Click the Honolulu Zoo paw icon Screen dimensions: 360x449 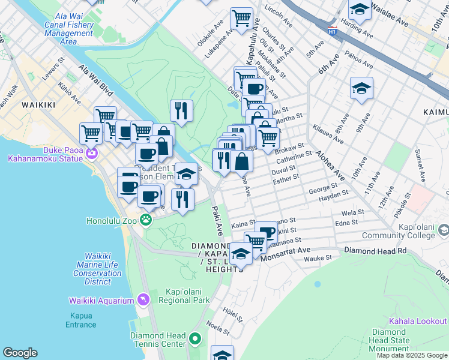pyautogui.click(x=145, y=220)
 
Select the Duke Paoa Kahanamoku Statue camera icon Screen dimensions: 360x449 pyautogui.click(x=91, y=153)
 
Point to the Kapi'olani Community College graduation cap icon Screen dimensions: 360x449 pyautogui.click(x=443, y=230)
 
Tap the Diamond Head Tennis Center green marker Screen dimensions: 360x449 pyautogui.click(x=194, y=340)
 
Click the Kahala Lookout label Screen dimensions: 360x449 pyautogui.click(x=418, y=322)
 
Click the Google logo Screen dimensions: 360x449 pyautogui.click(x=20, y=353)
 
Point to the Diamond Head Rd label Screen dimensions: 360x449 pyautogui.click(x=375, y=250)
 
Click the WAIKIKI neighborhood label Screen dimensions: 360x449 pyautogui.click(x=38, y=105)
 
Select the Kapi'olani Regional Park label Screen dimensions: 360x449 pyautogui.click(x=187, y=296)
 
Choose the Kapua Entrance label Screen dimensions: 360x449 pyautogui.click(x=80, y=320)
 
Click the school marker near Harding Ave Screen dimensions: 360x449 pyautogui.click(x=360, y=10)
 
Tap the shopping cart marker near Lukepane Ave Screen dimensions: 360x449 pyautogui.click(x=241, y=17)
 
